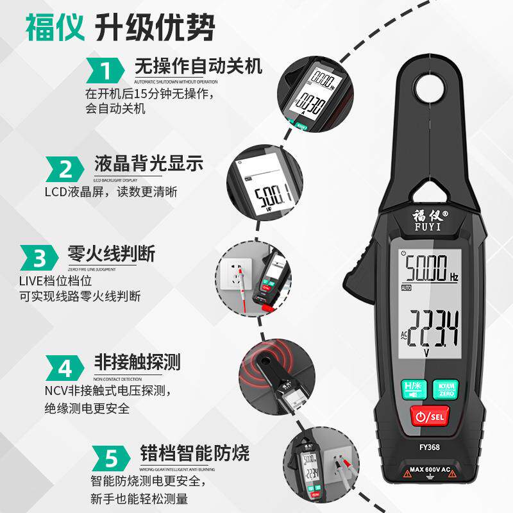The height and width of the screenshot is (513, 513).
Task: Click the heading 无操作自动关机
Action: coord(198,66)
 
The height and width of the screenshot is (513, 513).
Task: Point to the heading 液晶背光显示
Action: coord(148,164)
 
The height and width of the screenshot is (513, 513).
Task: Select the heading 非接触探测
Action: coord(137,362)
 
